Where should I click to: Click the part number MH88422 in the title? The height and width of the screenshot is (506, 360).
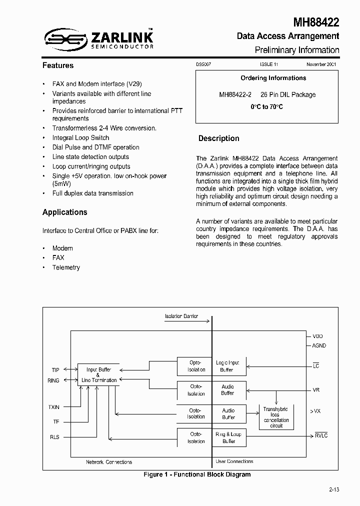316,22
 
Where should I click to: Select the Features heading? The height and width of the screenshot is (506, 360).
58,65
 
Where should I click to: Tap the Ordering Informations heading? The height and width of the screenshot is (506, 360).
273,78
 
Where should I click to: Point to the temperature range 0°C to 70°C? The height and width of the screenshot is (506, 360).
267,107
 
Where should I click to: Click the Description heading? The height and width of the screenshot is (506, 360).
218,138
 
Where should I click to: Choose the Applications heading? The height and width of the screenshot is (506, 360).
65,212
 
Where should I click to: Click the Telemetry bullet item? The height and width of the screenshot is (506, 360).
66,267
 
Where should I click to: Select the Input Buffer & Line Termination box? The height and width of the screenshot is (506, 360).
99,375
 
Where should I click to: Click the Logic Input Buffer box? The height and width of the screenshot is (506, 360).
227,366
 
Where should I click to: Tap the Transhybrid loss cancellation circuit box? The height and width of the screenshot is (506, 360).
276,417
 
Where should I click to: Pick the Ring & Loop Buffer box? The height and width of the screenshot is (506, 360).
228,437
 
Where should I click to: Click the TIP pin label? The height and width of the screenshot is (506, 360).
55,370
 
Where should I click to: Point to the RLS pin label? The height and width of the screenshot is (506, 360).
54,437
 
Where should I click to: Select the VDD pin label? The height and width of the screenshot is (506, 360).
318,336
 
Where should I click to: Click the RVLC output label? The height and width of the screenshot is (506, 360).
321,436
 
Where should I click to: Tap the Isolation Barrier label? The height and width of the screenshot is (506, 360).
181,316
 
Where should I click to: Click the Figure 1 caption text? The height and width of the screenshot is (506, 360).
197,474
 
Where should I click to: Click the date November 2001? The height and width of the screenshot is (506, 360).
321,65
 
